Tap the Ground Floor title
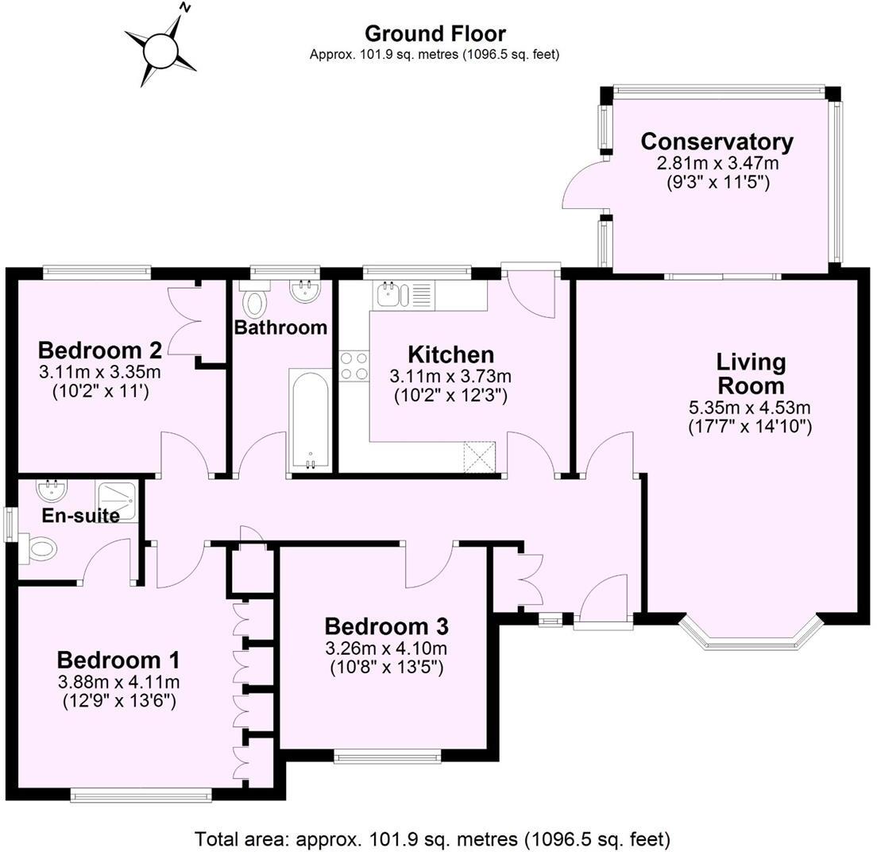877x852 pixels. pos(435,34)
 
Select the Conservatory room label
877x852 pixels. pos(717,142)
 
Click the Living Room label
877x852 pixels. pos(750,374)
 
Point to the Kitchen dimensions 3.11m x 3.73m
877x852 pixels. pos(450,376)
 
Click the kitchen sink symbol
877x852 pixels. pos(390,295)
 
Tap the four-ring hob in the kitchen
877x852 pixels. pos(354,366)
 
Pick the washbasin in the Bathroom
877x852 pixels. pos(305,292)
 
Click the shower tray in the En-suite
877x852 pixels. pos(118,500)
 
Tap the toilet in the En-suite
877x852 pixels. pos(40,548)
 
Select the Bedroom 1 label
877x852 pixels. pos(118,660)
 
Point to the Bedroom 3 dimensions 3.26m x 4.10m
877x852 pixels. pos(386,648)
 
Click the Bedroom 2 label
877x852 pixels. pos(100,350)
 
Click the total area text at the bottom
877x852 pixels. pos(433,838)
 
